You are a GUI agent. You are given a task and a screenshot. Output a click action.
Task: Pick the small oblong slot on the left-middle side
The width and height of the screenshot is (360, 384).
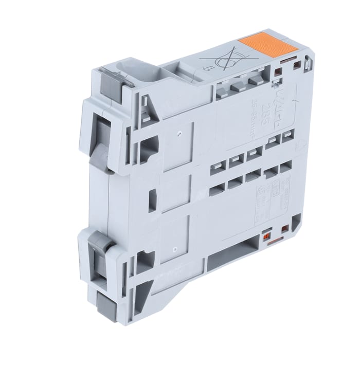(x=152, y=199)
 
